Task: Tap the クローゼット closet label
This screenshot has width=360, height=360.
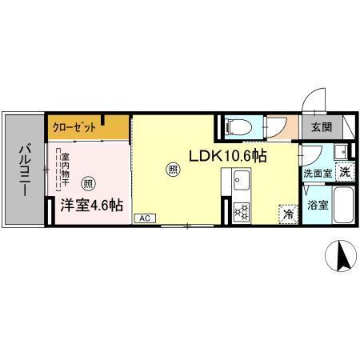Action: pos(76,127)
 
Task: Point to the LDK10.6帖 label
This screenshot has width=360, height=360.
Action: pos(227,156)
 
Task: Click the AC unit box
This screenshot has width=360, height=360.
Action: pos(145,218)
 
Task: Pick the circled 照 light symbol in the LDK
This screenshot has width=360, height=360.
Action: pos(173,168)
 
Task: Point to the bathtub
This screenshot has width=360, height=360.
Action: pos(344,206)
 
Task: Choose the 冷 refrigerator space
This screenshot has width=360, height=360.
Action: pos(286,214)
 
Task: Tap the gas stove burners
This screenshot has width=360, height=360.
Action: pos(241,211)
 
